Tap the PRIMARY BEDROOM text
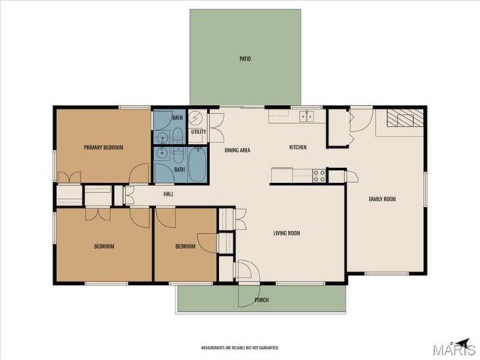[x=103, y=147]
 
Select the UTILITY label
[x=199, y=132]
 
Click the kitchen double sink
[x=306, y=115]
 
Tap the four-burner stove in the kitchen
[x=319, y=175]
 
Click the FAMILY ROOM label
[x=382, y=199]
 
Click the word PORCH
[x=261, y=300]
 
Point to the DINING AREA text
[x=237, y=150]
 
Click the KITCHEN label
[x=298, y=147]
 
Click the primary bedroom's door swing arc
[x=139, y=173]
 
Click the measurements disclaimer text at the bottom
[x=239, y=348]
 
